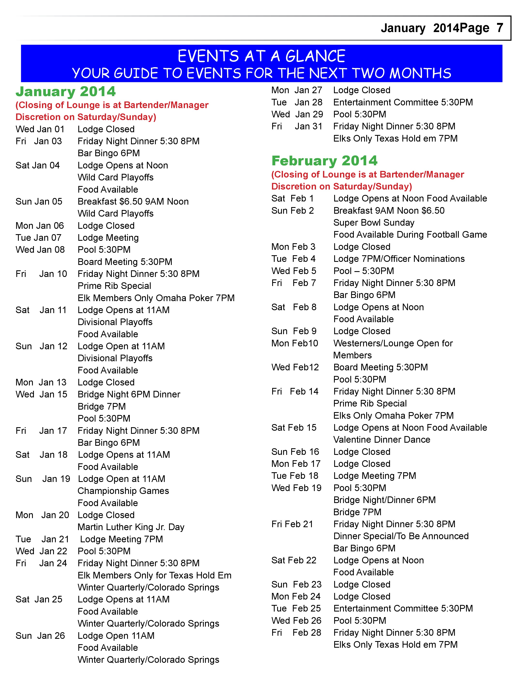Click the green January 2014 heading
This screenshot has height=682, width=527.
tap(66, 92)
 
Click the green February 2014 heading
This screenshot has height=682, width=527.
tap(324, 161)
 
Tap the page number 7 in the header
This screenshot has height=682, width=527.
tap(500, 28)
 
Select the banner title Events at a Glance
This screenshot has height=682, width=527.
tap(261, 56)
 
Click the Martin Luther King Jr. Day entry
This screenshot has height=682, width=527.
tap(131, 527)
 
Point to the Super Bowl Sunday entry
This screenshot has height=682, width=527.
tap(374, 223)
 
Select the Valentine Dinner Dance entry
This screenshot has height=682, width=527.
tap(382, 440)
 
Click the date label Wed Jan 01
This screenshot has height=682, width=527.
tap(40, 129)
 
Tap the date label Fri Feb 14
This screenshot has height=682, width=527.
tap(295, 392)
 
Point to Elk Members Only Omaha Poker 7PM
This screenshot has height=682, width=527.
tap(156, 298)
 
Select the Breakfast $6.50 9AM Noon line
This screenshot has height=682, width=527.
tap(133, 202)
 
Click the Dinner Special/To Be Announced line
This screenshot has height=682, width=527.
tap(401, 536)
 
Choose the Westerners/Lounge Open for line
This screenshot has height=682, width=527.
tap(393, 343)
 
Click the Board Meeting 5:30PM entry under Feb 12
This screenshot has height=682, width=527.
tap(380, 367)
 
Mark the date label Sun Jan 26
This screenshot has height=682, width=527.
tap(40, 636)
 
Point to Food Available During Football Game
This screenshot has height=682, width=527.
tap(410, 235)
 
